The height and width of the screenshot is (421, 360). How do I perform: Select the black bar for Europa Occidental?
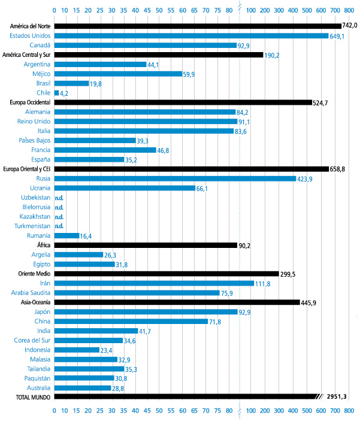(x=183, y=102)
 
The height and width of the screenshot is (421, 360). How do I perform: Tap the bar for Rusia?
(x=175, y=178)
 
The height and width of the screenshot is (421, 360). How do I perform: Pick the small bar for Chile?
(x=57, y=93)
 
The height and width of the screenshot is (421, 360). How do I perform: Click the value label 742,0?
(x=349, y=26)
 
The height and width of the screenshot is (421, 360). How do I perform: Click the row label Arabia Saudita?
(x=31, y=293)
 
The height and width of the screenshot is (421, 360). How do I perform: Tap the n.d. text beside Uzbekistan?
(x=59, y=198)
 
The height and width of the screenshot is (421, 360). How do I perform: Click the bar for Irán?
(x=154, y=283)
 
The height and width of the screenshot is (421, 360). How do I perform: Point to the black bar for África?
(x=146, y=245)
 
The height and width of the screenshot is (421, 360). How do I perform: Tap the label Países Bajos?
(x=35, y=141)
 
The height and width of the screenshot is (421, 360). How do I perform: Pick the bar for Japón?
(x=146, y=311)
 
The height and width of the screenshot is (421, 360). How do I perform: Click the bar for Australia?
(x=83, y=387)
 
